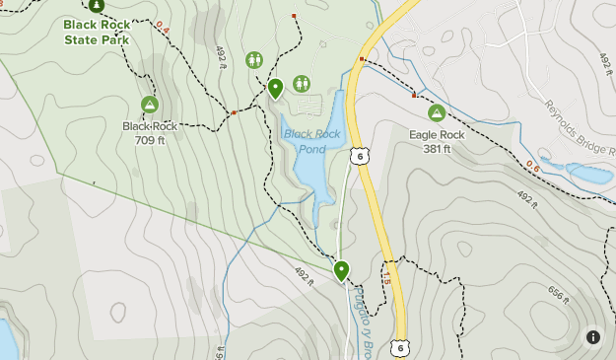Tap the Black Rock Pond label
pos(304,141)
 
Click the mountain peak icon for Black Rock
pos(150,105)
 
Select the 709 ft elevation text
pos(150,140)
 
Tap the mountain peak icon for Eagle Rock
pos(436,113)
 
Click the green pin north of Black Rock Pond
pos(276,88)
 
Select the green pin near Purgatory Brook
pos(342,269)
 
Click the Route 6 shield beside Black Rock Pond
pos(361,156)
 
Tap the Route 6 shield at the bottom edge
pos(398,347)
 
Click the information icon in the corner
pos(593,337)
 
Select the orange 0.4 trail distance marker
pos(163,29)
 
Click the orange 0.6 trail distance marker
pos(534,165)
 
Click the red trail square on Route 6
pos(363,60)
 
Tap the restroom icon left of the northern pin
pos(254,59)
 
